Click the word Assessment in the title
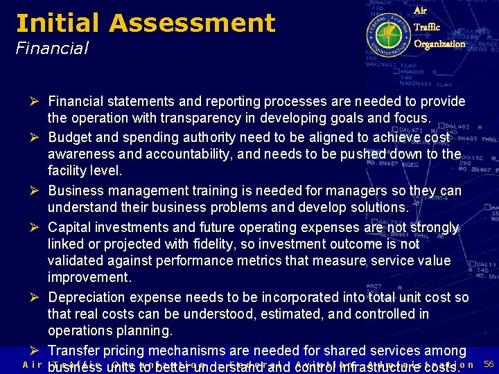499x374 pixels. point(192,23)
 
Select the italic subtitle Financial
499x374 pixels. point(52,48)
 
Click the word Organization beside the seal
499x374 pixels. point(439,44)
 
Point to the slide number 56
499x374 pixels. point(488,364)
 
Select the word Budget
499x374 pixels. point(69,136)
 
